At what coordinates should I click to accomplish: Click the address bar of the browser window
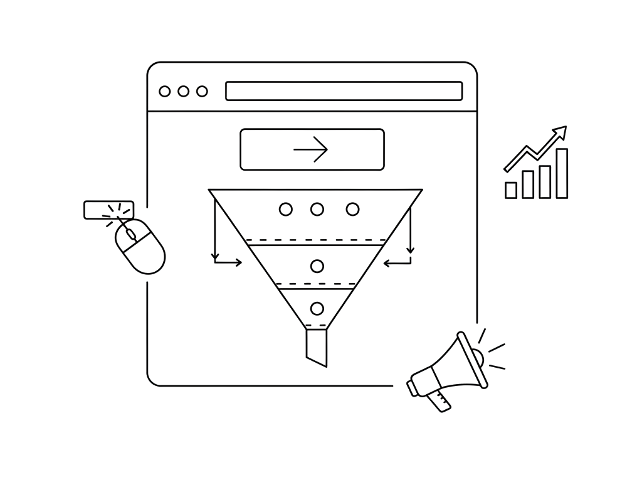click(x=344, y=91)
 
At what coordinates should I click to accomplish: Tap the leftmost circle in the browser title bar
click(x=165, y=92)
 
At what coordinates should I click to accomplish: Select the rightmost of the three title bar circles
click(x=202, y=92)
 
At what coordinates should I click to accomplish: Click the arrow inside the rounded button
click(x=312, y=149)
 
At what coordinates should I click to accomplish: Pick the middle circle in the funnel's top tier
click(x=317, y=209)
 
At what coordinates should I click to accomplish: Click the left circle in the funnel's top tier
click(x=285, y=209)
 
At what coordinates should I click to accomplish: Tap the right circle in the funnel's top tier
click(x=352, y=209)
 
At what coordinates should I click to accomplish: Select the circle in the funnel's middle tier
click(x=317, y=266)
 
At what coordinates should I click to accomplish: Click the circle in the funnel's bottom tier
click(x=317, y=308)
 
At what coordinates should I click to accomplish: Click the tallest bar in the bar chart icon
click(x=562, y=173)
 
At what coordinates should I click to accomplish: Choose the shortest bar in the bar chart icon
click(x=511, y=190)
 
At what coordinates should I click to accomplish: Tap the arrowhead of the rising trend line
click(x=560, y=132)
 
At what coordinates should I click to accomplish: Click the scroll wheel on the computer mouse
click(x=130, y=235)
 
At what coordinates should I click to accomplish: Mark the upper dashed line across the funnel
click(x=315, y=240)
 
